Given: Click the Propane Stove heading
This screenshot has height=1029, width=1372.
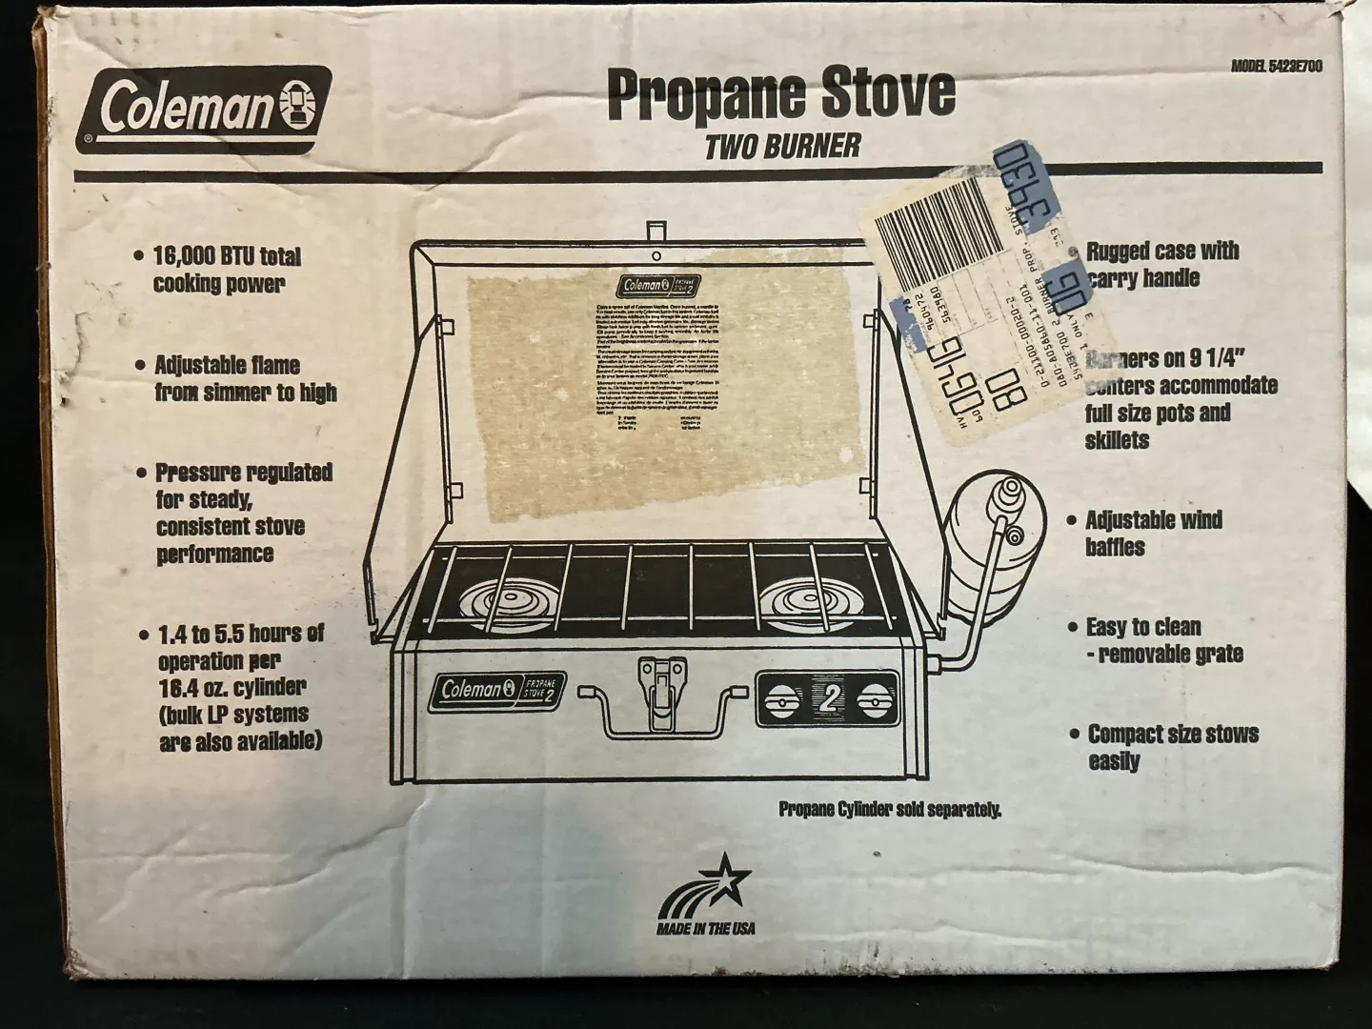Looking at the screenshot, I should tap(780, 92).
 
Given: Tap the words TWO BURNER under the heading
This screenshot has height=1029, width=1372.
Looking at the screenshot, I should tap(782, 146).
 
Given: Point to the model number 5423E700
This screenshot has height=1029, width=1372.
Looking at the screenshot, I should tap(1276, 67).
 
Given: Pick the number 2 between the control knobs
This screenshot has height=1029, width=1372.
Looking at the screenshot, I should tap(827, 701).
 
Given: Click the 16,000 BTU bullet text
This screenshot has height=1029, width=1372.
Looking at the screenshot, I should tap(226, 270).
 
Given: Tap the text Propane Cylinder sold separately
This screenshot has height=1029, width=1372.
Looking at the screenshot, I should tap(890, 810).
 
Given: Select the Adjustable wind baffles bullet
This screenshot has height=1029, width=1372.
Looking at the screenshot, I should tap(1153, 533).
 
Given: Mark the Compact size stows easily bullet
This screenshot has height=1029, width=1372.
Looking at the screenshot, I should tap(1172, 747).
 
